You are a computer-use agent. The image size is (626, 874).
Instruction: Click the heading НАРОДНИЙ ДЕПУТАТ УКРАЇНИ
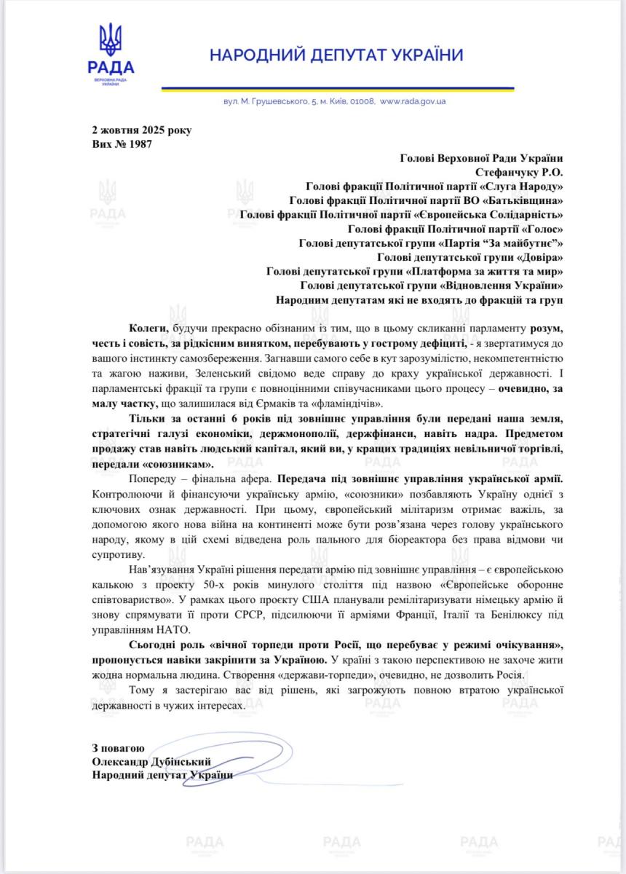click(336, 55)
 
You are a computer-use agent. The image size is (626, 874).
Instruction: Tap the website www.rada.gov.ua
click(413, 102)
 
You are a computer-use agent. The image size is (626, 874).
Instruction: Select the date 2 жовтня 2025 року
click(141, 131)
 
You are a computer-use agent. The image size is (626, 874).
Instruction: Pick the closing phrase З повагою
click(118, 747)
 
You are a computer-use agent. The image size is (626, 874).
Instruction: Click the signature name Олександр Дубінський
click(151, 761)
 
